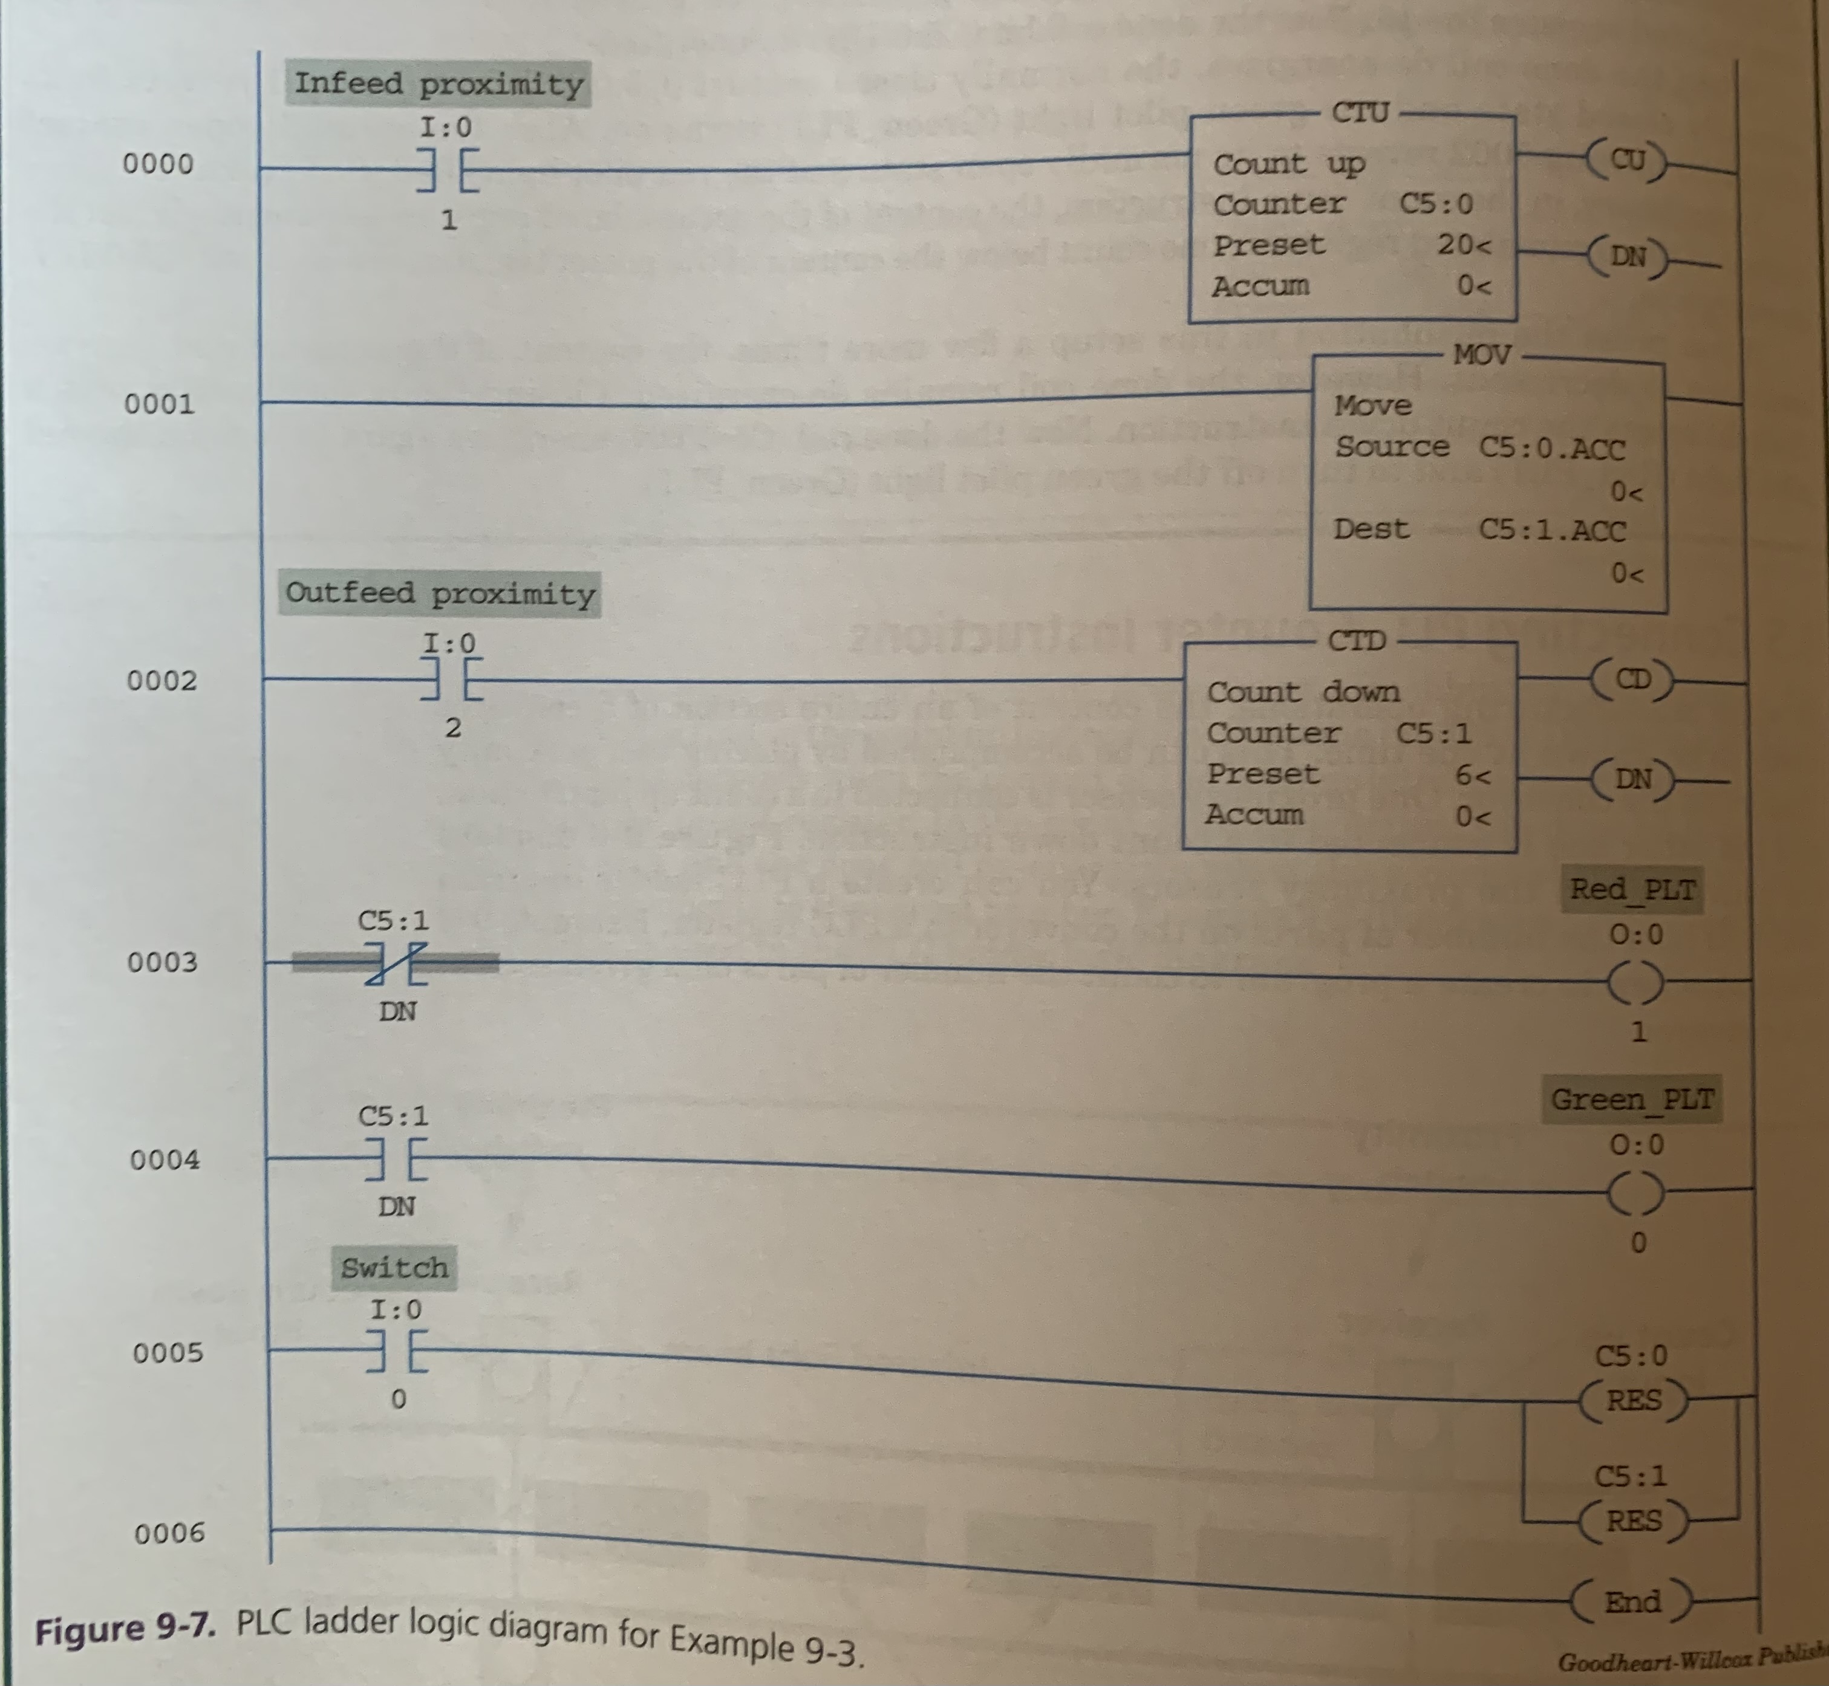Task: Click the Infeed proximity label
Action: (438, 84)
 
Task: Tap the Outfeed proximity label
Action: (440, 594)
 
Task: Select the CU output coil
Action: (1628, 161)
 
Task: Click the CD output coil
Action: (1633, 679)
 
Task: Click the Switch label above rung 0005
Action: (394, 1268)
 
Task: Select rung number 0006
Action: (170, 1532)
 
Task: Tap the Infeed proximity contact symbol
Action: (447, 170)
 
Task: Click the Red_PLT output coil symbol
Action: (1635, 982)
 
